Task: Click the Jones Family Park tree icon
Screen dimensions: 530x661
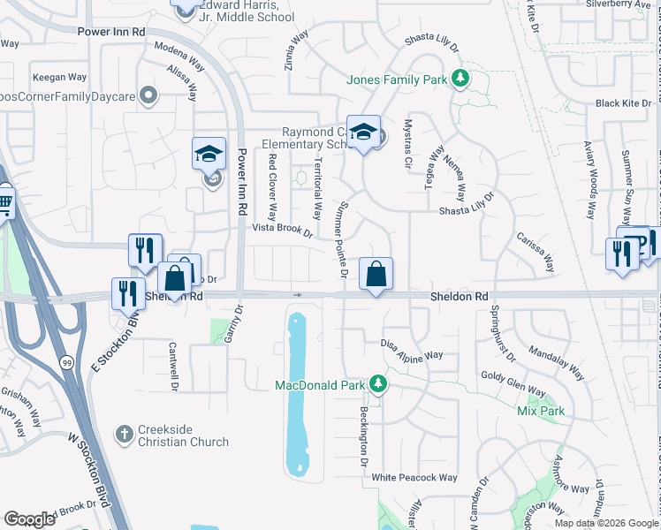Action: pyautogui.click(x=459, y=79)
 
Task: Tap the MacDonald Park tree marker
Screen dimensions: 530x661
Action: pyautogui.click(x=378, y=383)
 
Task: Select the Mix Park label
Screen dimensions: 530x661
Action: pyautogui.click(x=540, y=411)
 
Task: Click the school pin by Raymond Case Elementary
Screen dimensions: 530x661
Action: pyautogui.click(x=362, y=132)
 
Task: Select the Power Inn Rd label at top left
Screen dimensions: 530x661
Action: pyautogui.click(x=112, y=31)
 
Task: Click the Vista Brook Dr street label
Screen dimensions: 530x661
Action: pyautogui.click(x=283, y=229)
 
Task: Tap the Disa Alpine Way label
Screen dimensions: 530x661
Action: pyautogui.click(x=411, y=349)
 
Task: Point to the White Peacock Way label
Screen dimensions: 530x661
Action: pyautogui.click(x=414, y=478)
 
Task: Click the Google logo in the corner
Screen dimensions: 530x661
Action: pyautogui.click(x=29, y=519)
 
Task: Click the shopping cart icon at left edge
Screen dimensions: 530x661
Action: pyautogui.click(x=4, y=201)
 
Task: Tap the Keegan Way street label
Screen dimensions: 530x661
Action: pyautogui.click(x=59, y=78)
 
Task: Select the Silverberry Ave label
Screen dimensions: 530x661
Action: pyautogui.click(x=618, y=4)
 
